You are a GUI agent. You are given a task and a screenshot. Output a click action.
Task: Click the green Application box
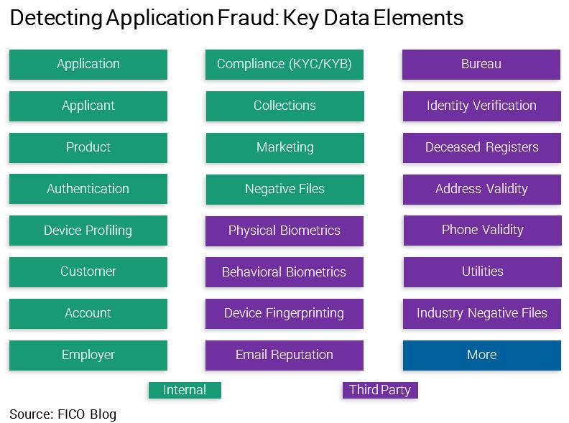coord(88,64)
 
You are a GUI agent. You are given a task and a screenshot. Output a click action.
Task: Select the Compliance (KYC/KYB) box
coord(284,64)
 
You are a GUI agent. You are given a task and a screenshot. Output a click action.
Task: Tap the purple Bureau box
coord(481,64)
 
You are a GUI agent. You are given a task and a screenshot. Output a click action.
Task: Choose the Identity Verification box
coord(482,106)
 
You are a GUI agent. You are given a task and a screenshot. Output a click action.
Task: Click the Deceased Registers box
coord(482,148)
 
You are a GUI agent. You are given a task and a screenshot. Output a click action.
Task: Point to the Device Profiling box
coord(88,231)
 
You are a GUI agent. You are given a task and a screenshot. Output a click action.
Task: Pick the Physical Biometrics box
coord(284,231)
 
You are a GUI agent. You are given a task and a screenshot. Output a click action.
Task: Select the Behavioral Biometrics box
coord(284,272)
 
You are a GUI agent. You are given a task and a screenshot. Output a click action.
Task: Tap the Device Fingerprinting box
coord(284,314)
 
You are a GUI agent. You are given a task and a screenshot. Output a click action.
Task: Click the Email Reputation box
coord(284,355)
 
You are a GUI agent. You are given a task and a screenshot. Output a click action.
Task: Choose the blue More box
coord(482,355)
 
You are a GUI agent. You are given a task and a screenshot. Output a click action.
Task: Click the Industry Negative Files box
coord(482,314)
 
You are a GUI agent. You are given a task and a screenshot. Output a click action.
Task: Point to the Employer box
coord(88,355)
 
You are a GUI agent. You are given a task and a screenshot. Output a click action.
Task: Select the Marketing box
coord(285,148)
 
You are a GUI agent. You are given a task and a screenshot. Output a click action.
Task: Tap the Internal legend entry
coord(185,390)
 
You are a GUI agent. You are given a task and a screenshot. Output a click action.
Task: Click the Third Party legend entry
coord(380,390)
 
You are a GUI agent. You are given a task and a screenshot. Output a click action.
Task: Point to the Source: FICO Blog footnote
coord(63,414)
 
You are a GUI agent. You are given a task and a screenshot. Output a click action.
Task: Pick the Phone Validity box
coord(483,231)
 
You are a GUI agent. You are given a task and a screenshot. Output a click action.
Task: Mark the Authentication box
coord(88,189)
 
